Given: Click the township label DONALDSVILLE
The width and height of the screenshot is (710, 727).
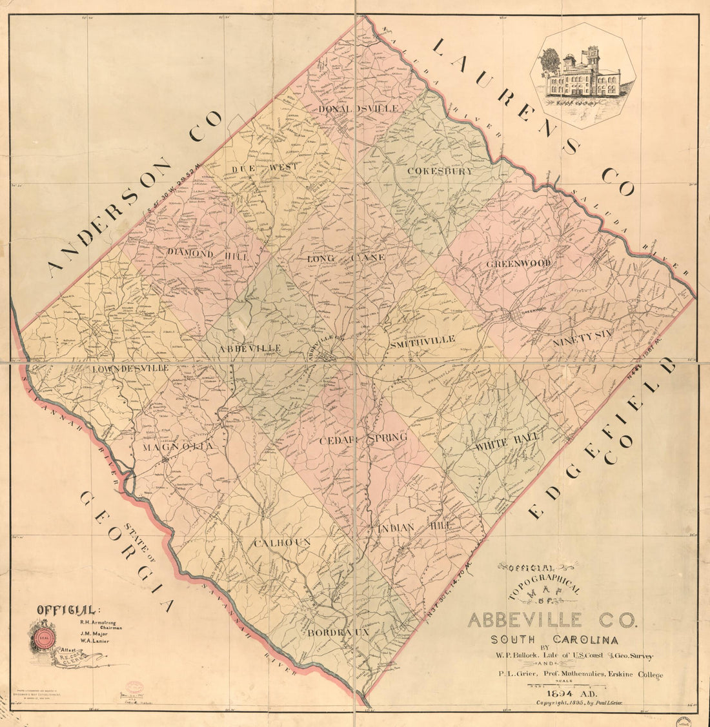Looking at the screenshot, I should point(358,108).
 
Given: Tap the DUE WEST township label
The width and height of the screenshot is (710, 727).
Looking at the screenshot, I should point(265,167).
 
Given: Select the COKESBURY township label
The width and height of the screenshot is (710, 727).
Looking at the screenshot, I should point(441,172).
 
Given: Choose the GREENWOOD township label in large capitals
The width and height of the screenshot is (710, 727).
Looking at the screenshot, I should point(518,264).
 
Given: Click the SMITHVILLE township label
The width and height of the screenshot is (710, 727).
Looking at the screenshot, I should point(423,339).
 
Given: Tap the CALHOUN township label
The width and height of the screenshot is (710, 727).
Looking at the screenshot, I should point(282,543).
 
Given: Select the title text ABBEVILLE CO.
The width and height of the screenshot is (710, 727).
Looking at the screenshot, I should point(552,621).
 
